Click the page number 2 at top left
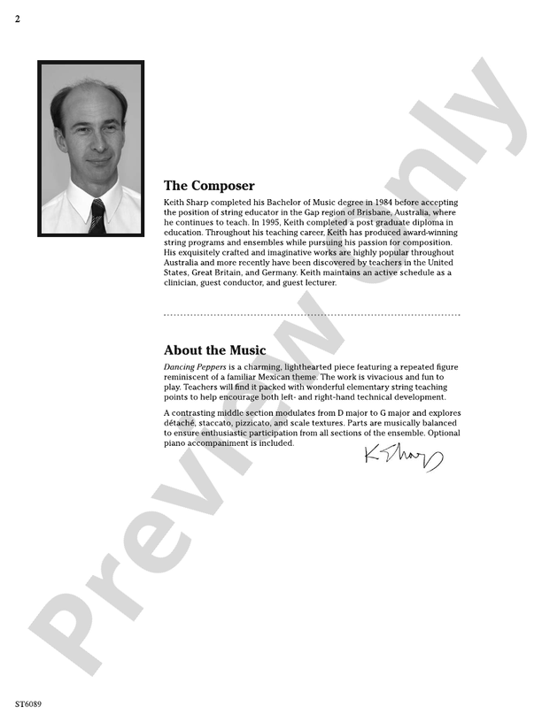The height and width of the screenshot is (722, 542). (18, 19)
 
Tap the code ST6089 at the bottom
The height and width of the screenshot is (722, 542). (28, 704)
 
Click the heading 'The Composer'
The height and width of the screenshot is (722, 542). (209, 186)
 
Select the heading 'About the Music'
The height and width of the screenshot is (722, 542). (214, 350)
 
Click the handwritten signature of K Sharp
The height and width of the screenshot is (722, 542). (401, 456)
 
